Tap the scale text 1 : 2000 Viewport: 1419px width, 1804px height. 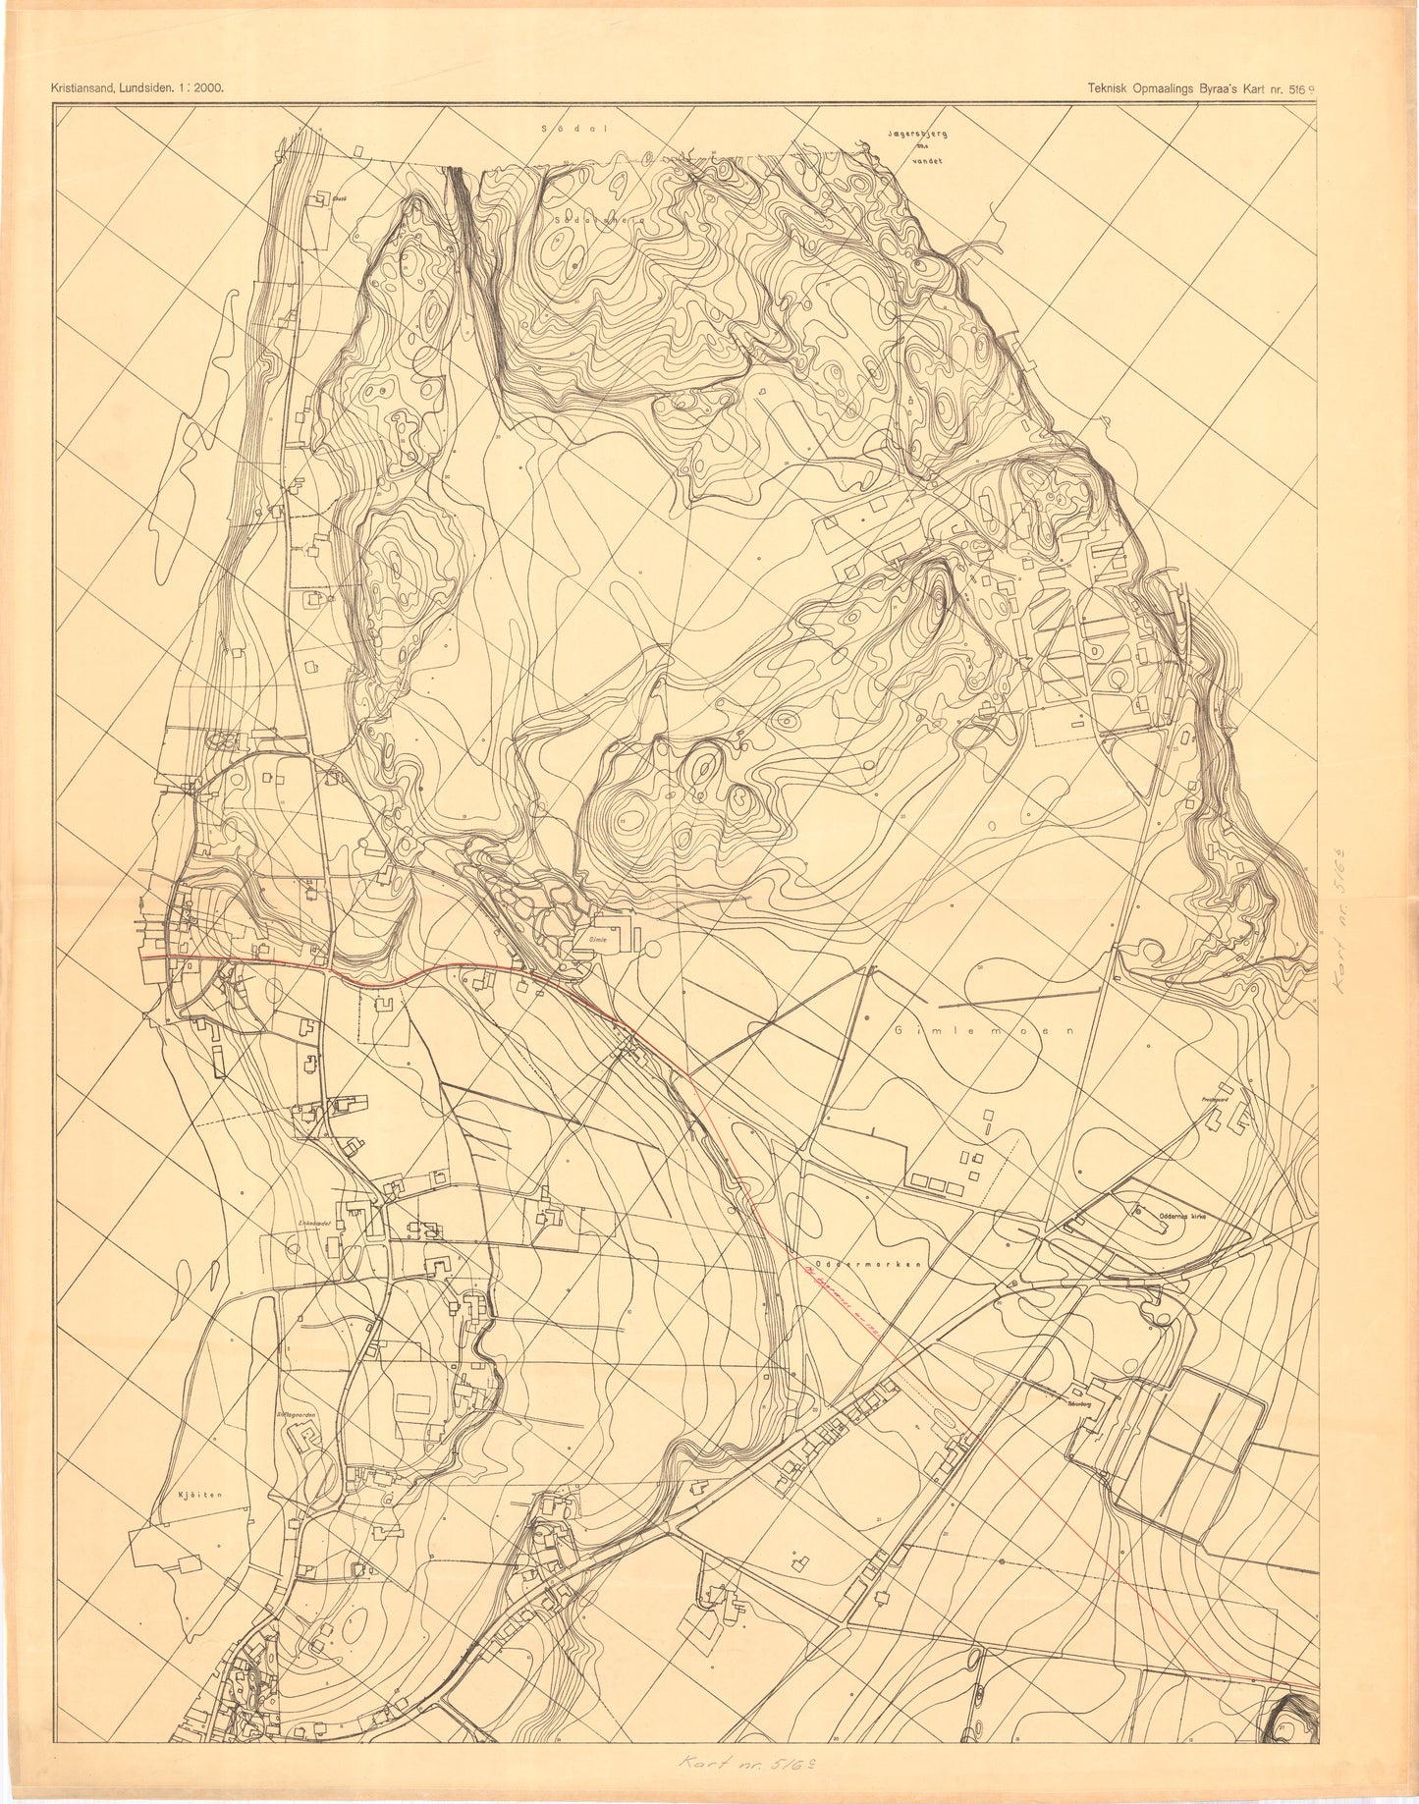[203, 87]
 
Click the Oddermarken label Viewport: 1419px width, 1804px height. [863, 1265]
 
